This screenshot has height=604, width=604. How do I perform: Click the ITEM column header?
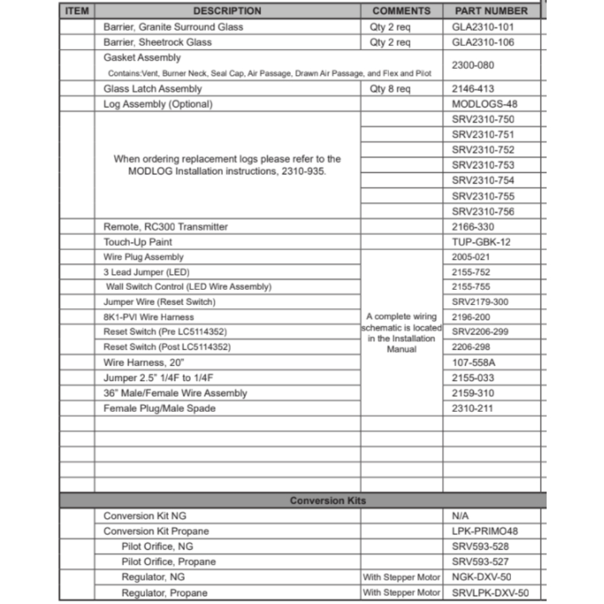click(77, 11)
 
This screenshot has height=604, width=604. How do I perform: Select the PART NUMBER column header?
click(492, 11)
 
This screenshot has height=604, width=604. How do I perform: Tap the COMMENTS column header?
click(402, 11)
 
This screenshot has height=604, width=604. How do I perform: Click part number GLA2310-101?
click(483, 27)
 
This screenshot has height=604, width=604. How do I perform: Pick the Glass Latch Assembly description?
click(153, 89)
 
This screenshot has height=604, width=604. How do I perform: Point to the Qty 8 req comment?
click(390, 89)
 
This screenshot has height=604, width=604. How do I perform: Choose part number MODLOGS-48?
click(484, 104)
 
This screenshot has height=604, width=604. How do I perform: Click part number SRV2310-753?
click(483, 165)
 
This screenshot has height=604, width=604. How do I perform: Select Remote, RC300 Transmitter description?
click(165, 227)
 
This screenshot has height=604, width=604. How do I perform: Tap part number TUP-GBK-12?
click(481, 242)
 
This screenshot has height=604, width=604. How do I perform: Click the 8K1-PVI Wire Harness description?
click(149, 317)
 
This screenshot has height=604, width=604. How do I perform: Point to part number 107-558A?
click(473, 362)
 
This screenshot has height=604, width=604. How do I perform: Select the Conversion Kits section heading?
click(327, 501)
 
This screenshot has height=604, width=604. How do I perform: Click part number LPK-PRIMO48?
click(484, 532)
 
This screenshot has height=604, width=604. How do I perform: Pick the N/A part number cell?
click(460, 516)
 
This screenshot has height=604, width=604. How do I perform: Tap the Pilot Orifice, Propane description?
click(169, 562)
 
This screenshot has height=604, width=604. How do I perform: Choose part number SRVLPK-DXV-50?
click(490, 593)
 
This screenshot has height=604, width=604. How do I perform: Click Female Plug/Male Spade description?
click(159, 408)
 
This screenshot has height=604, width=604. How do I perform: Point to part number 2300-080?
click(472, 65)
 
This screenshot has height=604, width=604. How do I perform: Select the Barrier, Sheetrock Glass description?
click(158, 42)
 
